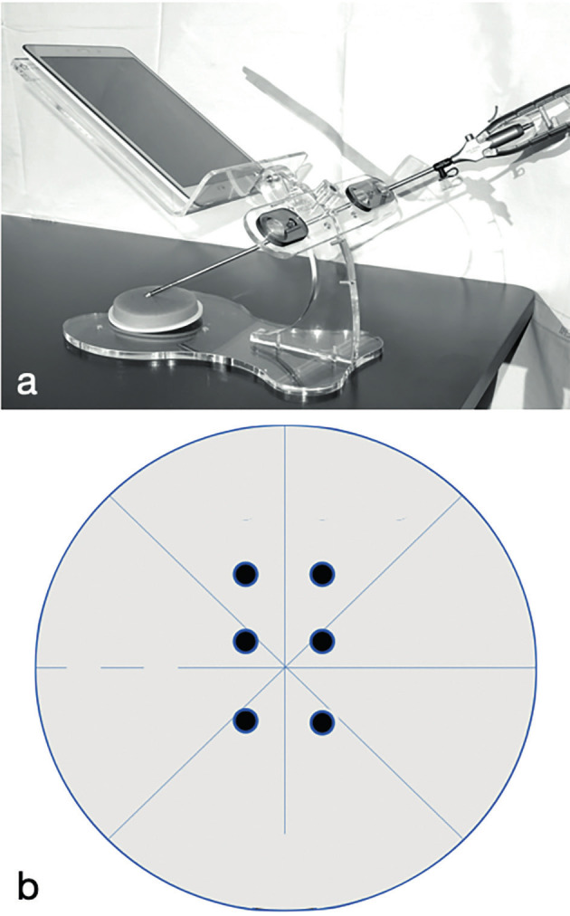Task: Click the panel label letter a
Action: [27, 384]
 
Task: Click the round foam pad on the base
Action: [156, 308]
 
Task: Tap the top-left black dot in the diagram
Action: [246, 574]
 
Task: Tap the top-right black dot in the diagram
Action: [322, 574]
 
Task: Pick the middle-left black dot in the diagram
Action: [246, 641]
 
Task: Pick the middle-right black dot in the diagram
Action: [322, 641]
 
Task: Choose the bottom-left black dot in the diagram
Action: [246, 720]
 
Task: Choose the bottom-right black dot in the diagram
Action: [322, 722]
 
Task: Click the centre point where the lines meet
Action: [285, 666]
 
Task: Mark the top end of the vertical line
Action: [285, 426]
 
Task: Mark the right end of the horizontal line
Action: [536, 666]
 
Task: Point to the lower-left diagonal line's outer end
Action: [109, 839]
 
